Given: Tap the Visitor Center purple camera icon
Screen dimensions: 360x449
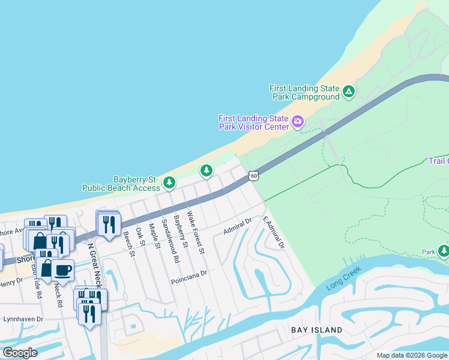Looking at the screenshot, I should tap(297, 123).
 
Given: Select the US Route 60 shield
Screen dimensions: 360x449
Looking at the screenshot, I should tap(254, 175).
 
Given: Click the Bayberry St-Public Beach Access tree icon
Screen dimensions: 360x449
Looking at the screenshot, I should tap(170, 182).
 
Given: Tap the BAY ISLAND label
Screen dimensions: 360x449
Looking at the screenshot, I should tap(316, 330).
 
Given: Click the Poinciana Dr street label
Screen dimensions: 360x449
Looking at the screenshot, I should tap(188, 273).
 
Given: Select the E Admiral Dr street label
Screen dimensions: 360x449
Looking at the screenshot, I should tap(273, 233).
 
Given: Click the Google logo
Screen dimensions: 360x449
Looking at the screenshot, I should tap(19, 353).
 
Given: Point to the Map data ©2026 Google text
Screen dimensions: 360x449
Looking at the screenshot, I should tap(412, 355).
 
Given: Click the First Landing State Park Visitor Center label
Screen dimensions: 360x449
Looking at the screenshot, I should tap(253, 122).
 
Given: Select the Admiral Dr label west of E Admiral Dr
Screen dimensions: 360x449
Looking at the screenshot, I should tap(237, 224).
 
